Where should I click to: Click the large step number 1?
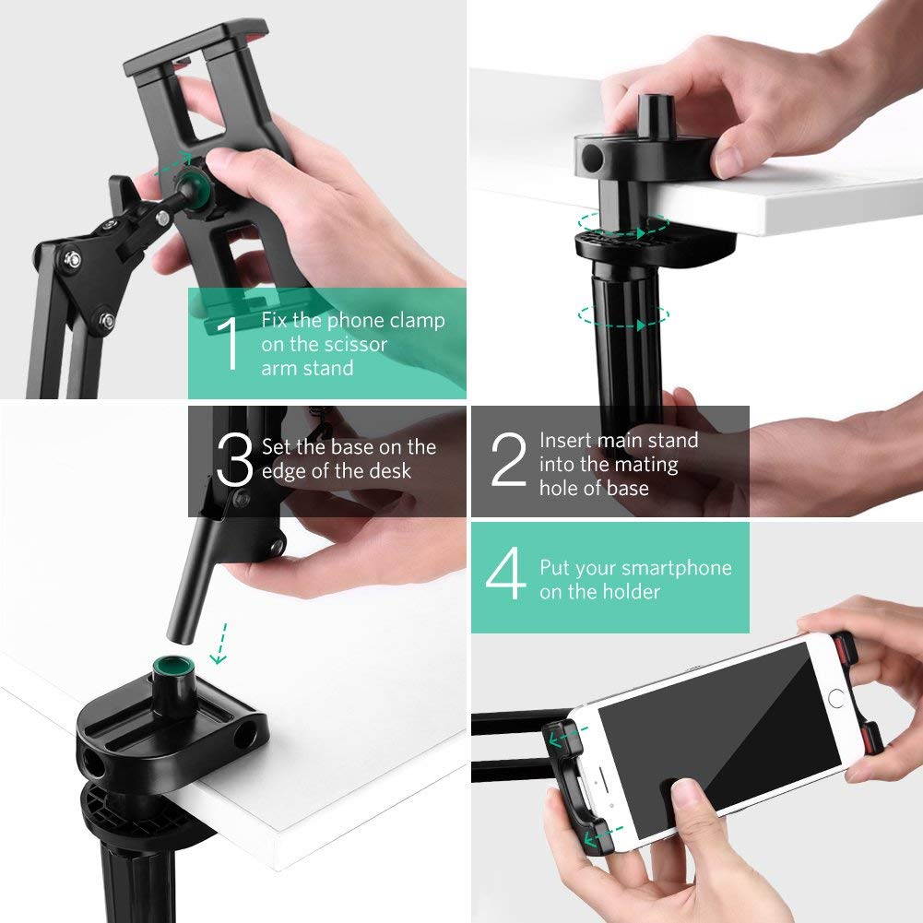coord(229,344)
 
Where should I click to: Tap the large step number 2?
coord(508,462)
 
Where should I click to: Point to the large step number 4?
coord(506,579)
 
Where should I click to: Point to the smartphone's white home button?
coord(835,698)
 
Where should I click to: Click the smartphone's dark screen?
coord(719,728)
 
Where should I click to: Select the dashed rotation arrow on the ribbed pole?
coord(623,315)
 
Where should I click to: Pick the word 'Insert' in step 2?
coord(566,440)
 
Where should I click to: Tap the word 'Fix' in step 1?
coord(275,321)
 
